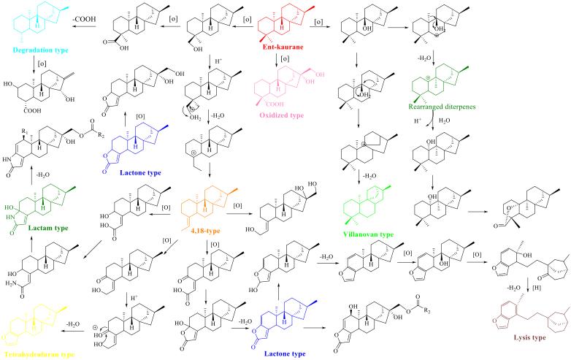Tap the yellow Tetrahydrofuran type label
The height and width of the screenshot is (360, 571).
point(38,355)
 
